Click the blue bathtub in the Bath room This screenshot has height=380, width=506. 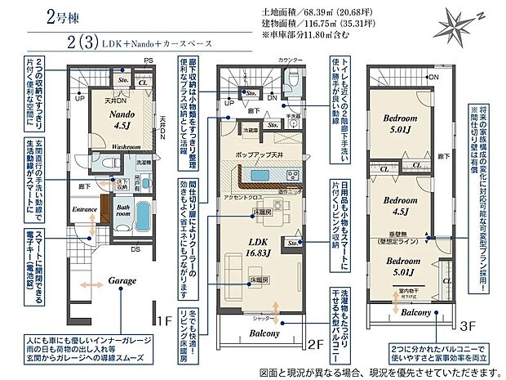[139, 219]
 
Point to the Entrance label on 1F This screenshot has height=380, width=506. [85, 210]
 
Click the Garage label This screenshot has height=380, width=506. [122, 280]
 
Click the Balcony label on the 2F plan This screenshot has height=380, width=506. [260, 334]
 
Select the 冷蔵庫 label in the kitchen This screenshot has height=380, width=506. [229, 130]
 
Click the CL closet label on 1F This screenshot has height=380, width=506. [143, 82]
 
